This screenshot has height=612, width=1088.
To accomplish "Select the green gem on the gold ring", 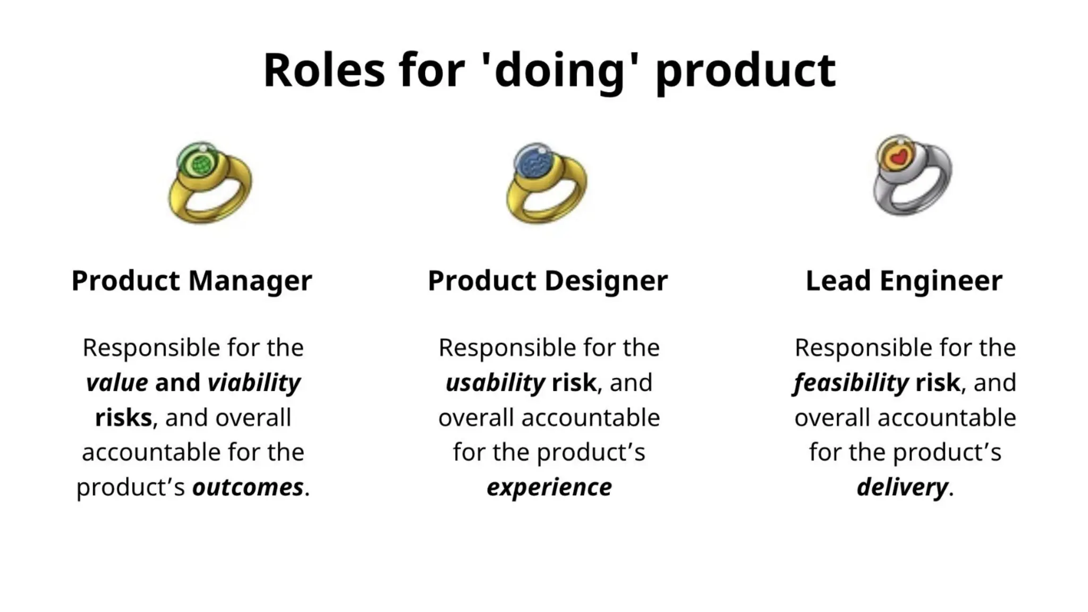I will [200, 163].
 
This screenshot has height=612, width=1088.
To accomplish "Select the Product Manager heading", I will [192, 280].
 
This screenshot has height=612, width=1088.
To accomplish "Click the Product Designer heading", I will [548, 280].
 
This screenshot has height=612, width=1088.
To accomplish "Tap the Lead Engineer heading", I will [904, 280].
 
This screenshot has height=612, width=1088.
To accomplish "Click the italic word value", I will [117, 382].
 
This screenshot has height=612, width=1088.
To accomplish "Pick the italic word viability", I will [254, 382].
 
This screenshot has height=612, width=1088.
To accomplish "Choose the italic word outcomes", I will [248, 487].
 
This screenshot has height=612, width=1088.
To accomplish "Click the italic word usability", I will [495, 382].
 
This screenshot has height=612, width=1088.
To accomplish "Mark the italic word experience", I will [549, 487].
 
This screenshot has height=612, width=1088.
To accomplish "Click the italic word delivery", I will [902, 487].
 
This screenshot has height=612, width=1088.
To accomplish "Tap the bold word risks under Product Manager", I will [124, 418].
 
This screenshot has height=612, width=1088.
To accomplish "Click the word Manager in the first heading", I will [250, 280].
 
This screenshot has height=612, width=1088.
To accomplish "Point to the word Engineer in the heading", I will [941, 280].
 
